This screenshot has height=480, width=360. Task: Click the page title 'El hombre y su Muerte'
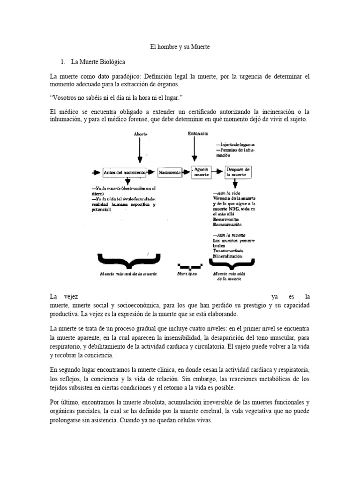pos(180,47)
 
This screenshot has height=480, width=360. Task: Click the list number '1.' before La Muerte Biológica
pos(63,61)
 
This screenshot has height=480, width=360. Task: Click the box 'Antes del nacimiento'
pos(124,172)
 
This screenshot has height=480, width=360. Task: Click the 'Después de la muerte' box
pos(239,172)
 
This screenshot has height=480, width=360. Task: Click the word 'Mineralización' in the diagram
pos(227,256)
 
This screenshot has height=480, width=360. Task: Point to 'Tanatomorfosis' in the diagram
pos(228,251)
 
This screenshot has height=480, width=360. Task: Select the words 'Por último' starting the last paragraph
pos(63,402)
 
